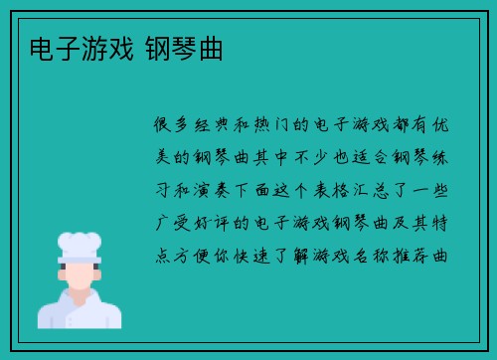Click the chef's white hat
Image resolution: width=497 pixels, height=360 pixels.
80,244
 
